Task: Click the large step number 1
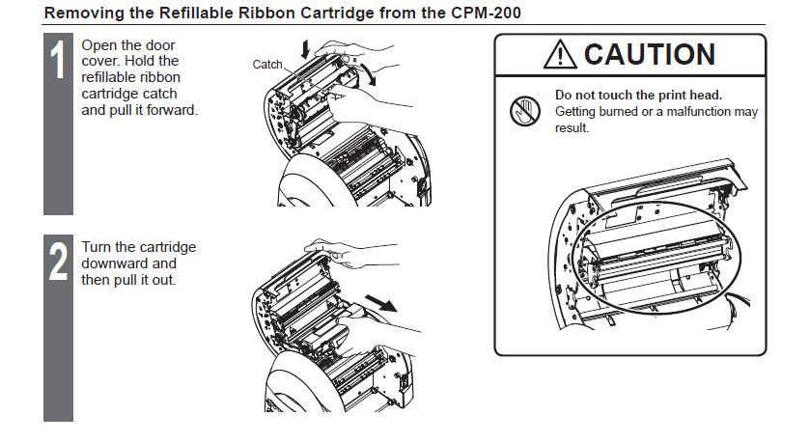point(58,60)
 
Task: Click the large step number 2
point(58,262)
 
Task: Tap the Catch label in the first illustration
point(267,65)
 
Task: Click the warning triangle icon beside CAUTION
point(560,55)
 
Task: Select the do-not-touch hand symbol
point(525,111)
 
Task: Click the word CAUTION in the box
point(650,55)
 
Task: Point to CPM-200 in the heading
point(486,13)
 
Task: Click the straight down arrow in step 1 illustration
point(305,49)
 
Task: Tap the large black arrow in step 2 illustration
point(380,303)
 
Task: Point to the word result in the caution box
point(572,128)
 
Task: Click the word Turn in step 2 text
point(97,247)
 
